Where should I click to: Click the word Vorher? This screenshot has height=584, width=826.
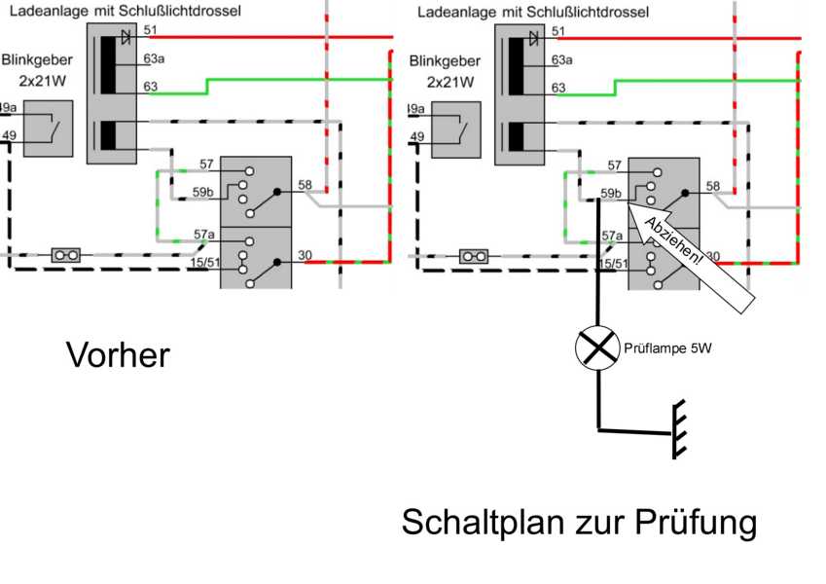[x=117, y=354]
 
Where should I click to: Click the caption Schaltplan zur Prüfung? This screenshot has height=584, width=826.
[x=579, y=523]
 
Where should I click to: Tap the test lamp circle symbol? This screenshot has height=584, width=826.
[x=597, y=347]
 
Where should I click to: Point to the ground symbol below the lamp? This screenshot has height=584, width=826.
[x=677, y=428]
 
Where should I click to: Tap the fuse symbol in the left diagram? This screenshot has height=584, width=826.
[x=66, y=255]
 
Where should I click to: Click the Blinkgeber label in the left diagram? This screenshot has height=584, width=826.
[x=37, y=60]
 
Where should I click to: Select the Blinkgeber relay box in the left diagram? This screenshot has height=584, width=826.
[x=49, y=128]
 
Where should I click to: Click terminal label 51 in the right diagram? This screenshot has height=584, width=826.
[x=557, y=31]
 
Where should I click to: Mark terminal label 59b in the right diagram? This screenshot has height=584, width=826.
[x=611, y=194]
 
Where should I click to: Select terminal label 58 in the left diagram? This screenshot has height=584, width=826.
[x=305, y=184]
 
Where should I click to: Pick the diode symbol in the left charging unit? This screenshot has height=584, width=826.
[x=126, y=37]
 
